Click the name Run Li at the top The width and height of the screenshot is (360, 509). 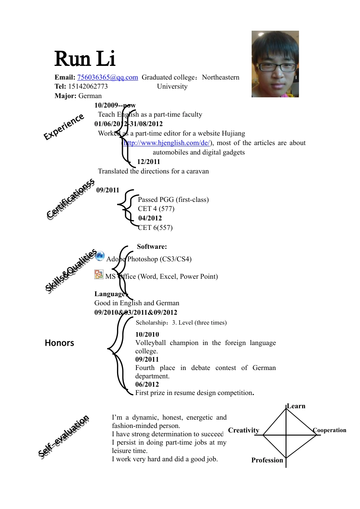click(85, 59)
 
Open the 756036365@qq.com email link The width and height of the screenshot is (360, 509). click(108, 77)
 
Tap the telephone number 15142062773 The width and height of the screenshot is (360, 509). click(88, 86)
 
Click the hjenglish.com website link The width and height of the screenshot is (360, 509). click(167, 143)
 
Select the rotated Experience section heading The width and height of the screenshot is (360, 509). click(64, 126)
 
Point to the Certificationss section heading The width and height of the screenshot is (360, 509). click(70, 199)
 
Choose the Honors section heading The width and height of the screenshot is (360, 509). click(59, 343)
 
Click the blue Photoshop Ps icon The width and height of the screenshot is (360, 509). click(100, 256)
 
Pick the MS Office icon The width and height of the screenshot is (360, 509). click(99, 275)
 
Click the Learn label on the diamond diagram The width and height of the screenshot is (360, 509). click(296, 406)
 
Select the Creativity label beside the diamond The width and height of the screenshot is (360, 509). click(244, 430)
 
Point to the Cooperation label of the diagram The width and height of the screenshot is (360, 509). click(330, 430)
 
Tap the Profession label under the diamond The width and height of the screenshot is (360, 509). click(267, 460)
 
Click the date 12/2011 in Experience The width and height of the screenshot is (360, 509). click(149, 162)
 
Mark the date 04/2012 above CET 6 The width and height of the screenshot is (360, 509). click(150, 218)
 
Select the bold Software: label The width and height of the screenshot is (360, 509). click(152, 247)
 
